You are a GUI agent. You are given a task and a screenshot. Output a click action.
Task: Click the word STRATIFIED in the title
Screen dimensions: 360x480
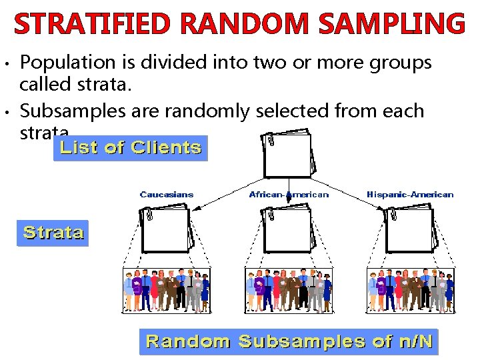point(92,24)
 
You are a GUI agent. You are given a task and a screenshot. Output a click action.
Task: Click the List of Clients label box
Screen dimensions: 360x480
point(131,148)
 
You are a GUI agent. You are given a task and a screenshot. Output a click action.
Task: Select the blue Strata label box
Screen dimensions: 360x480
point(53,233)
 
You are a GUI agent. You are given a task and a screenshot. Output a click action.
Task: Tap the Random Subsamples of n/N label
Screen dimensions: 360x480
point(289,342)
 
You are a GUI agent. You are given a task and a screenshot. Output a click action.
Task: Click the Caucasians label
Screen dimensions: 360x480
point(167,195)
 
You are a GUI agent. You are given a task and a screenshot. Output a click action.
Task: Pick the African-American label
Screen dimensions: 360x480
point(289,195)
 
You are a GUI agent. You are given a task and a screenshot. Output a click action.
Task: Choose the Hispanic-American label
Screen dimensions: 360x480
point(410,195)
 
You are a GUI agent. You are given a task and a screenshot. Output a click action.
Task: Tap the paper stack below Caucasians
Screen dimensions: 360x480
point(167,231)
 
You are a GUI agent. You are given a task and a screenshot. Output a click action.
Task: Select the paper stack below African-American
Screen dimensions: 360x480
point(289,231)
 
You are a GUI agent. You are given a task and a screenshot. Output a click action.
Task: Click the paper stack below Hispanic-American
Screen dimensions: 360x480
point(410,231)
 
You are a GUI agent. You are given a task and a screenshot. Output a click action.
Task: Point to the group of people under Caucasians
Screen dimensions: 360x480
point(167,291)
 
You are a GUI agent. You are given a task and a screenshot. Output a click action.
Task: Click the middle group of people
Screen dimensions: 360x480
point(289,291)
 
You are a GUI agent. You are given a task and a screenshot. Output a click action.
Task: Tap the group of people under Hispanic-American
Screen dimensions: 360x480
point(410,291)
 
